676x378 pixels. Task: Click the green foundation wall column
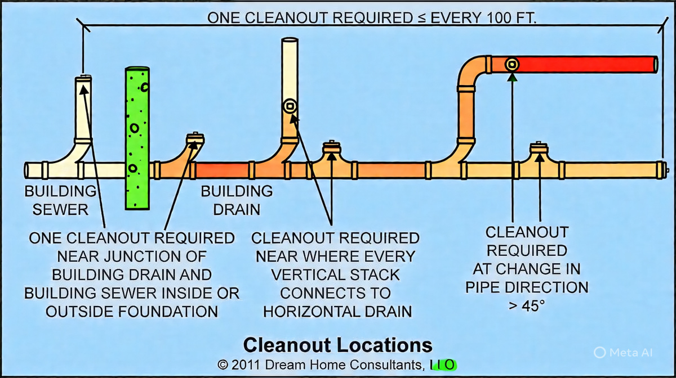click(x=137, y=138)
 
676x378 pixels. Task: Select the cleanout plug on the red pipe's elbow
click(x=512, y=64)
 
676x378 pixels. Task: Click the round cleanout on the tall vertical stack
click(x=290, y=106)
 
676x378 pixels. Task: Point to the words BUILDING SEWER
click(x=60, y=200)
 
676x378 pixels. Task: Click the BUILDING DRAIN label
click(x=237, y=200)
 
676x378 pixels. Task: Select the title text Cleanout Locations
click(x=337, y=345)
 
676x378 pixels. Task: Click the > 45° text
click(x=527, y=306)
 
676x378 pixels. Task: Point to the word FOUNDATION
click(x=168, y=312)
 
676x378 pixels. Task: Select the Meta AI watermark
click(x=623, y=352)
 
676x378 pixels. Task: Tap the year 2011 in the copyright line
click(x=246, y=365)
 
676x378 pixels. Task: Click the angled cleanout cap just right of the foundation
click(x=195, y=139)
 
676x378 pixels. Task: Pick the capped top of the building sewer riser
click(x=83, y=79)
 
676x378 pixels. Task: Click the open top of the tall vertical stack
click(x=290, y=40)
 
